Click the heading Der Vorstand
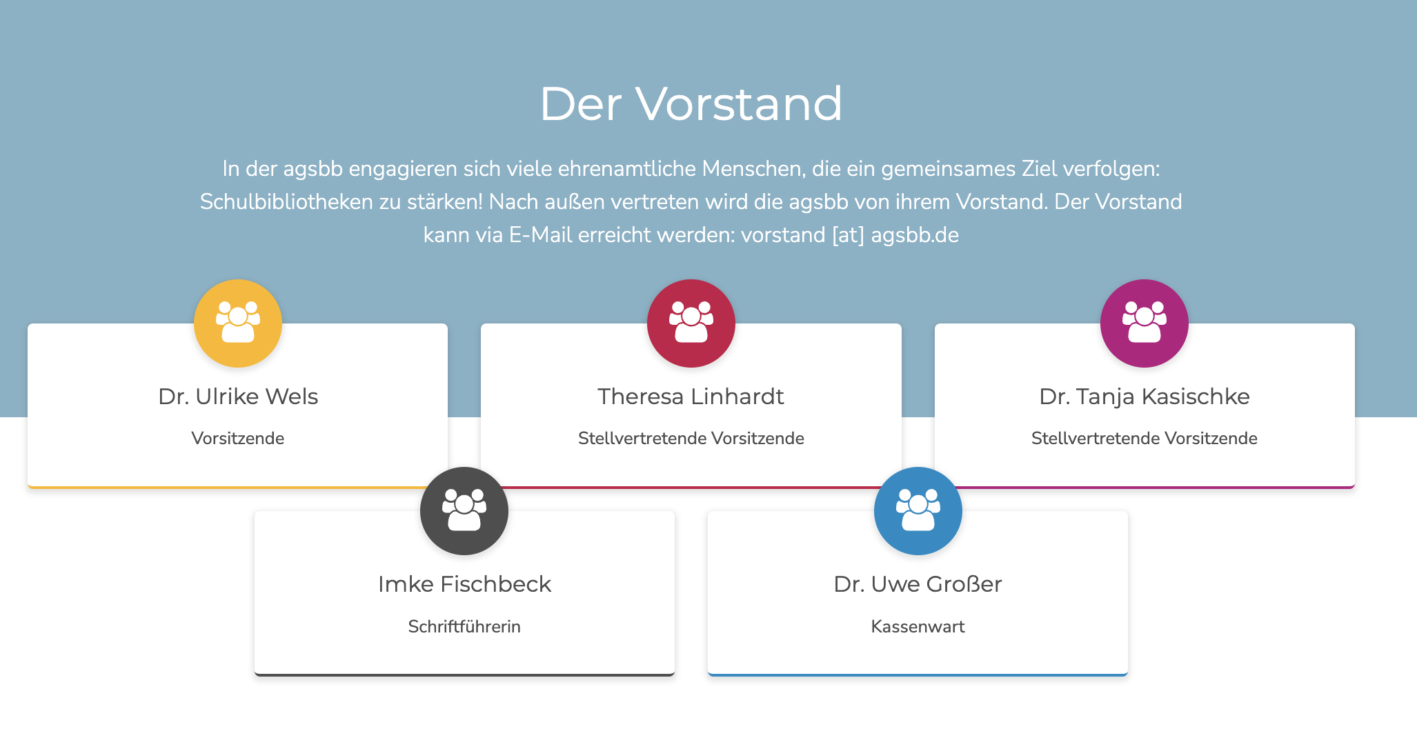pos(691,104)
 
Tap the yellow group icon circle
pos(238,323)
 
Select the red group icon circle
pos(691,323)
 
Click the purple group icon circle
pos(1144,323)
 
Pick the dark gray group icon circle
pos(464,511)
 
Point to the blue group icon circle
pos(918,511)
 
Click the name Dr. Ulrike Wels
pos(238,397)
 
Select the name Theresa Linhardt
pos(691,397)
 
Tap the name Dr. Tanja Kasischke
pos(1144,397)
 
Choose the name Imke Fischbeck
pos(464,584)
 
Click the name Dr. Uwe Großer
pos(918,584)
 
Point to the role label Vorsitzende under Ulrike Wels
pos(238,439)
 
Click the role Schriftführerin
pos(464,626)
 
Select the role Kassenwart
pos(918,626)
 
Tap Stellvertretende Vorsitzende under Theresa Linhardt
pos(691,439)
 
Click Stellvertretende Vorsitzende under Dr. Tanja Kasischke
pos(1144,439)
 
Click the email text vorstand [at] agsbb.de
pos(850,235)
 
